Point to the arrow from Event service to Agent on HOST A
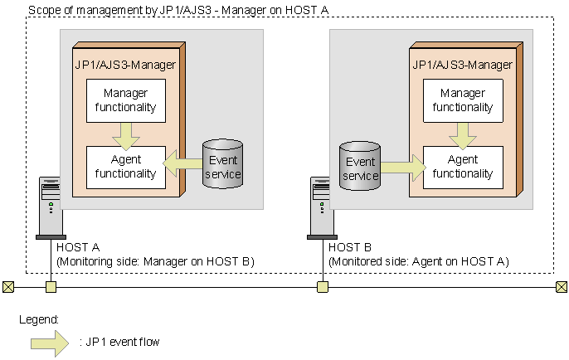182,165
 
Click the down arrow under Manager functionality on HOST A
127,134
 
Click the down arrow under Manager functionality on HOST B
463,134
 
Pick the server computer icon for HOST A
51,207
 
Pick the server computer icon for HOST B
322,207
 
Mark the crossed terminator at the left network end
8,287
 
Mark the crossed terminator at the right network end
562,287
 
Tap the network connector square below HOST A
51,287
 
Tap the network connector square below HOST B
323,287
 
